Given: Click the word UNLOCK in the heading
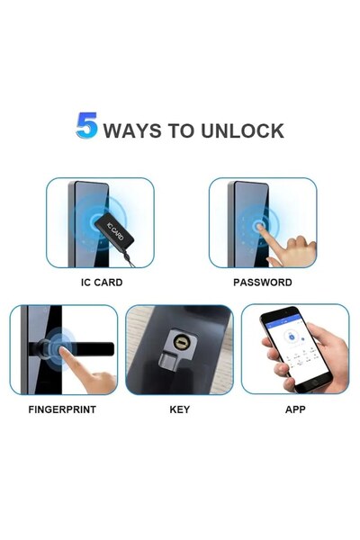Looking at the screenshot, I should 240,130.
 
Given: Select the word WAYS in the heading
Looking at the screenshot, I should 134,130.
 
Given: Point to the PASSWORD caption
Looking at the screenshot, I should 262,282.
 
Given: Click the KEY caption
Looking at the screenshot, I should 179,409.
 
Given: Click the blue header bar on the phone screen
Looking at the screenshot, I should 283,319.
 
